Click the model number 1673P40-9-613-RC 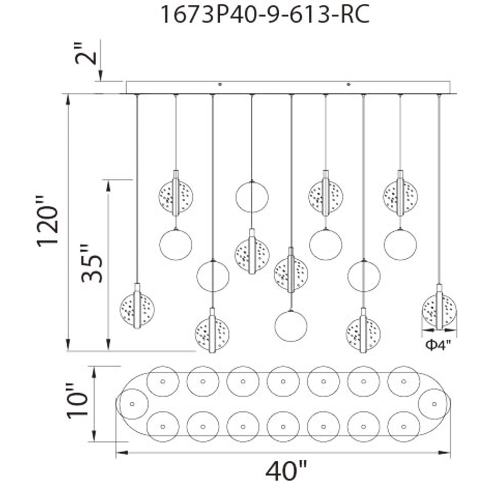pyautogui.click(x=265, y=15)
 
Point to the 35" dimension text pyautogui.click(x=92, y=263)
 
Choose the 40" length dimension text pyautogui.click(x=286, y=472)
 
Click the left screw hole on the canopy pyautogui.click(x=220, y=85)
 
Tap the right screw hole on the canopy pyautogui.click(x=349, y=85)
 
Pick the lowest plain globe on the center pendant pyautogui.click(x=291, y=326)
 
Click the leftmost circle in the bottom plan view pyautogui.click(x=132, y=404)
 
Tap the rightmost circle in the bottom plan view pyautogui.click(x=434, y=404)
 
